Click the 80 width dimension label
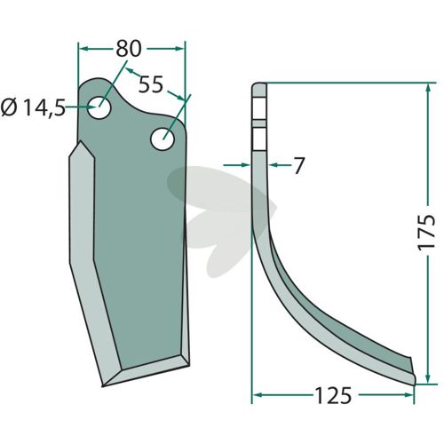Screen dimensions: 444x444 click(x=128, y=49)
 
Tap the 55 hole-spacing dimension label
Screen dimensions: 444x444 click(x=151, y=84)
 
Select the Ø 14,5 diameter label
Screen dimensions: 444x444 click(x=33, y=107)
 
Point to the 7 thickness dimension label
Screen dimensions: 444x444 click(x=298, y=165)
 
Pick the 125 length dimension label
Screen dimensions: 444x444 click(x=334, y=395)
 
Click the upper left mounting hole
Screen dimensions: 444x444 click(x=99, y=107)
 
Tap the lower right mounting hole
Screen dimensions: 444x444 click(x=163, y=139)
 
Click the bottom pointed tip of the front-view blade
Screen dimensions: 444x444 click(x=103, y=385)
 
